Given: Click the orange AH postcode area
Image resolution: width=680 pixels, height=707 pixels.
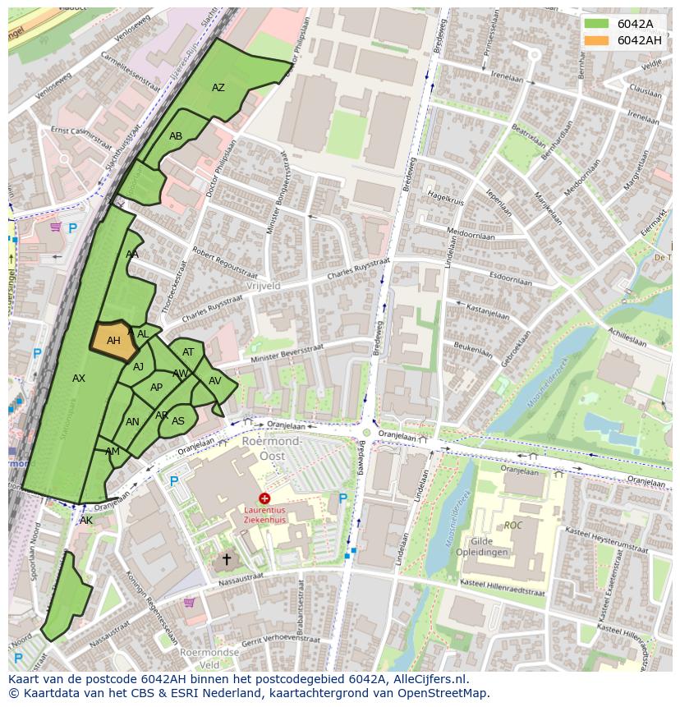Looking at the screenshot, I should [113, 340].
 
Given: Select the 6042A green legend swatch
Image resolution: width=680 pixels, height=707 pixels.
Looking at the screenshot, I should [597, 24].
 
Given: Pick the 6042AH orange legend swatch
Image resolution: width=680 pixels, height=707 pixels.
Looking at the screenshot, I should [597, 40].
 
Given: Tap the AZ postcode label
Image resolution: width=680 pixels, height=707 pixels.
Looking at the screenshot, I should [218, 88].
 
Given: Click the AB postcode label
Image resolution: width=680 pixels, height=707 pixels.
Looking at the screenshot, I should [176, 136].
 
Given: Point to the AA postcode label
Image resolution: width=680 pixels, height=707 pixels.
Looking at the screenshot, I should [132, 255].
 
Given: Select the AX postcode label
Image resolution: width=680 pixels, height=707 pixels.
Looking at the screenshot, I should [79, 379].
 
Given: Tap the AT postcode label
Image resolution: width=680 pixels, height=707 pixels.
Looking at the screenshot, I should [188, 352].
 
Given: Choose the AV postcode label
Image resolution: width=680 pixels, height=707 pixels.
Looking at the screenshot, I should [215, 381].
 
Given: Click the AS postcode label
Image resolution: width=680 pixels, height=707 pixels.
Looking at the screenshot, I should [178, 421].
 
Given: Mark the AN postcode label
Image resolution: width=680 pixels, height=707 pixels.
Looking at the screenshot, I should [132, 422].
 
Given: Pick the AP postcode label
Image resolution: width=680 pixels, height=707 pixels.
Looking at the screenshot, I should [156, 388].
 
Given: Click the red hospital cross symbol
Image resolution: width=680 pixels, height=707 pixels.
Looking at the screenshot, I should [264, 498].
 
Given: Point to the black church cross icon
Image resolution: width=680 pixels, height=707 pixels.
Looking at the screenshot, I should [227, 559].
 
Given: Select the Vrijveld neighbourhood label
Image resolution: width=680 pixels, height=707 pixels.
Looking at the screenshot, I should [263, 286].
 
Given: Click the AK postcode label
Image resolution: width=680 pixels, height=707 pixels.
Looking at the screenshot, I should [86, 521].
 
